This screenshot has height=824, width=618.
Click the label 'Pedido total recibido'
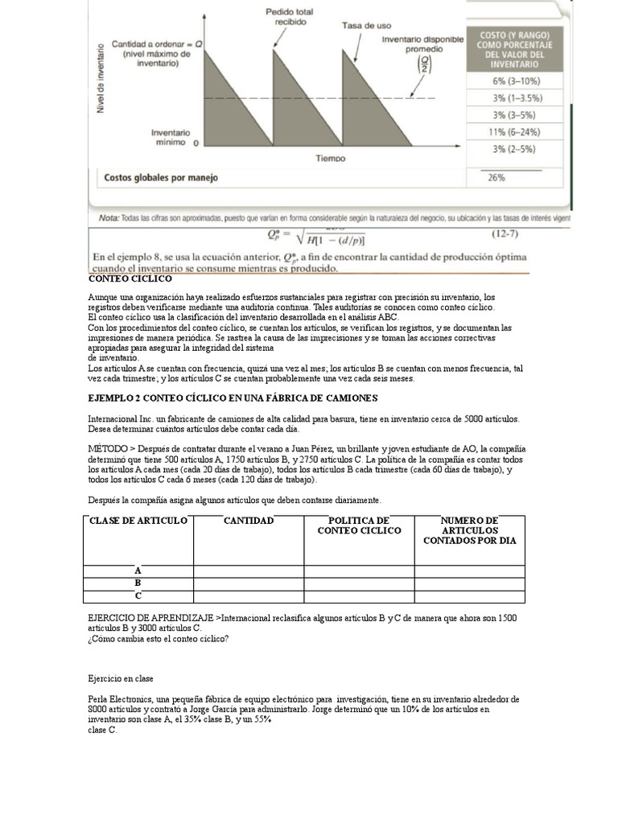pos(290,18)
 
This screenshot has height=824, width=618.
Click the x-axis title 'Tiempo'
pos(331,159)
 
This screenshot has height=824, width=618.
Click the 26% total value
pos(496,178)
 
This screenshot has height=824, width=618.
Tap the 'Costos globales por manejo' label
pos(161,178)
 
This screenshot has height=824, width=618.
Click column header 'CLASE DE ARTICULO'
pos(138,521)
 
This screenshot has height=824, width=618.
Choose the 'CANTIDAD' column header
pos(249,521)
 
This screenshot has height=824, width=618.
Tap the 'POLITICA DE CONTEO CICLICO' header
pos(359,525)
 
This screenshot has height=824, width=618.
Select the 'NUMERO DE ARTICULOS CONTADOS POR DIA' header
pos(470,530)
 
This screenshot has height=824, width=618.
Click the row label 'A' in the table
pos(138,571)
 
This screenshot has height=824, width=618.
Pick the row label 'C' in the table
pos(138,596)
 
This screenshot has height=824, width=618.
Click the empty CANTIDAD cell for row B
pos(249,583)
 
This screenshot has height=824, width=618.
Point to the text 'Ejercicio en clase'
pos(121,679)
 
